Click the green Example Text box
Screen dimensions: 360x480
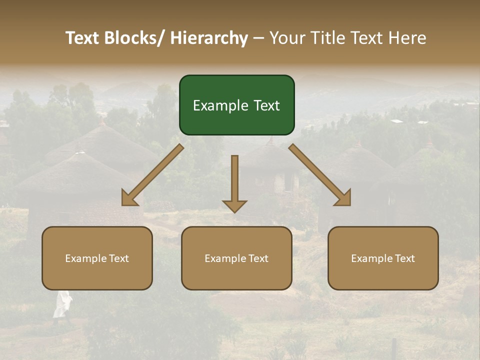click(x=236, y=105)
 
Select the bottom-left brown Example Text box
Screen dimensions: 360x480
click(x=97, y=258)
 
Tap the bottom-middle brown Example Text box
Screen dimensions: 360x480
click(x=236, y=258)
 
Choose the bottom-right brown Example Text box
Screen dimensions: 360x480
click(x=383, y=258)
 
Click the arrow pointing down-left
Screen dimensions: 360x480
click(x=152, y=175)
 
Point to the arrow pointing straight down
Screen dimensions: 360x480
click(x=234, y=182)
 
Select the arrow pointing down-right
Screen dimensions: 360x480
click(x=319, y=174)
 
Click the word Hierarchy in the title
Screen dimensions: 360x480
click(x=209, y=38)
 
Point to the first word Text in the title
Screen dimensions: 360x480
click(x=83, y=38)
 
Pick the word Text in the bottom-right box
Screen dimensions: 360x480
click(x=404, y=258)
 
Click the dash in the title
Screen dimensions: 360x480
click(x=258, y=38)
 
